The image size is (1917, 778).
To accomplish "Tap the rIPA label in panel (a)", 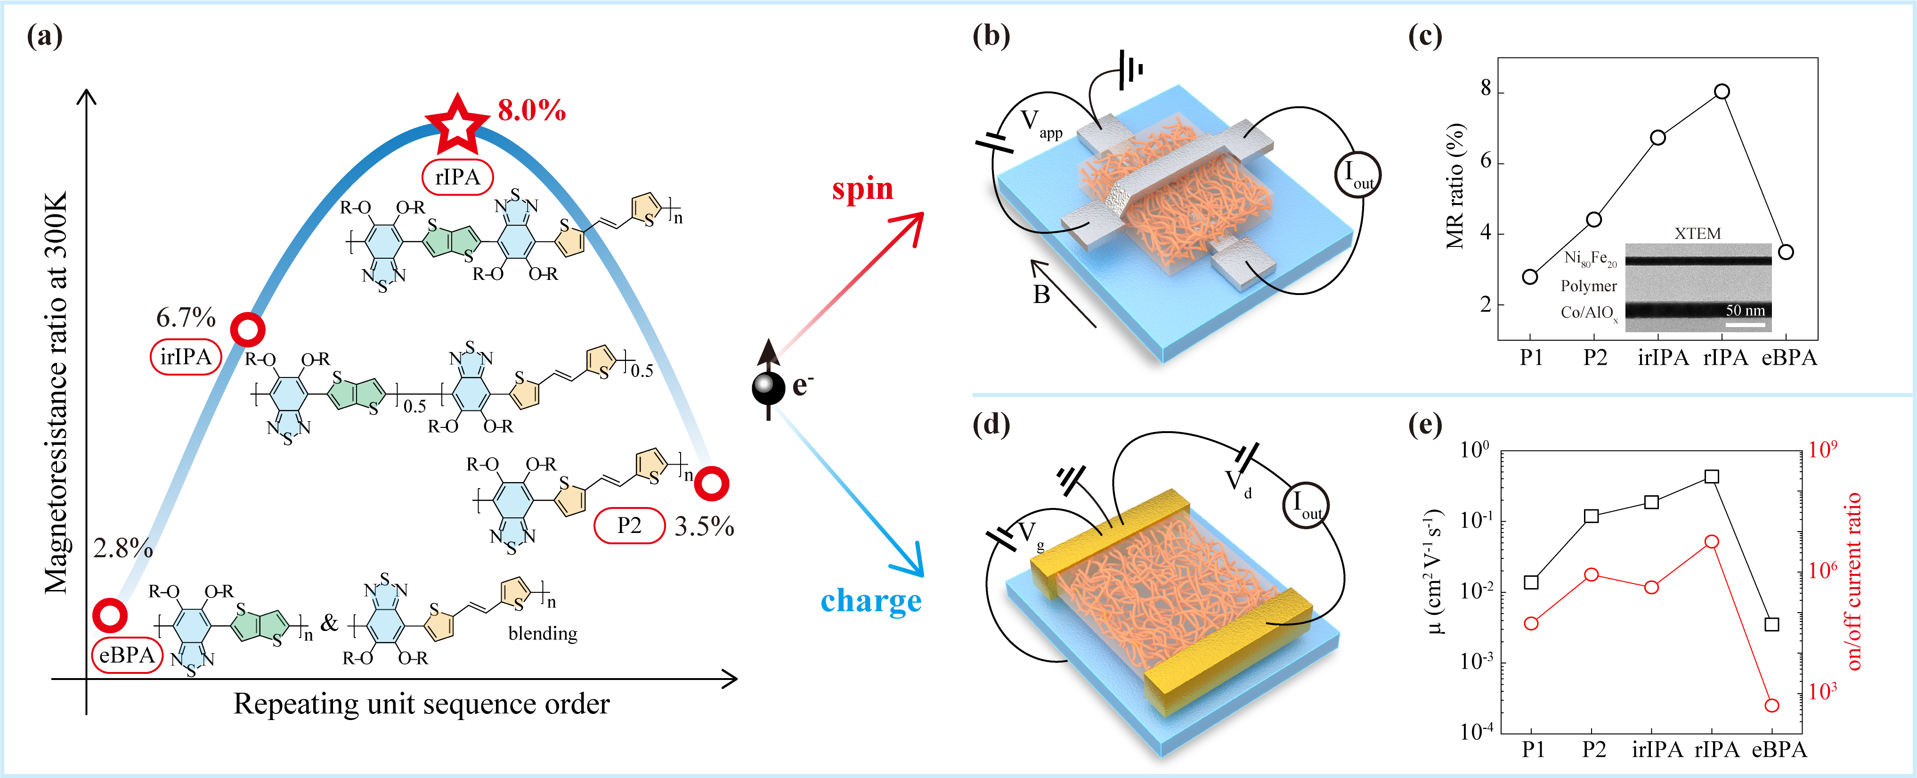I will click(458, 177).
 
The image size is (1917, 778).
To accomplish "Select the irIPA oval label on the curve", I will click(186, 357).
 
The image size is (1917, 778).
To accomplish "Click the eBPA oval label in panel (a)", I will click(127, 655).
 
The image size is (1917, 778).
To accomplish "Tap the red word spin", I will click(862, 189).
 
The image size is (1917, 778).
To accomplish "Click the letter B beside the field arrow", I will click(1041, 295).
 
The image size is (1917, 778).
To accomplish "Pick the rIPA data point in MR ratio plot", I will click(1722, 91).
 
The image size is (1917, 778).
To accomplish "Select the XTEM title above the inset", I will click(1698, 234).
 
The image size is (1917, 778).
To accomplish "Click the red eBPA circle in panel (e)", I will click(1772, 705).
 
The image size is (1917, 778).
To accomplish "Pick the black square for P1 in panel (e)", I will click(1531, 582).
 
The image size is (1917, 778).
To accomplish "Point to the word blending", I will click(543, 633).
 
